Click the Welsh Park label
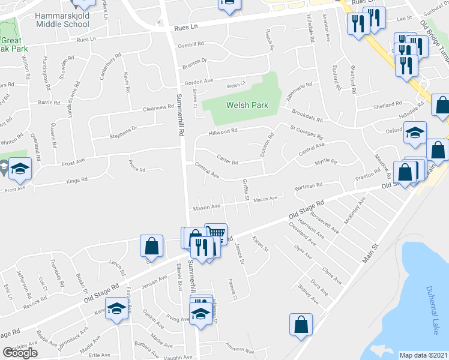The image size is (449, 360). [246, 105]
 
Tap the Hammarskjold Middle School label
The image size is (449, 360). [62, 20]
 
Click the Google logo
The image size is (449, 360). [20, 352]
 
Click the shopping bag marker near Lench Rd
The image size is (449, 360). [151, 245]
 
